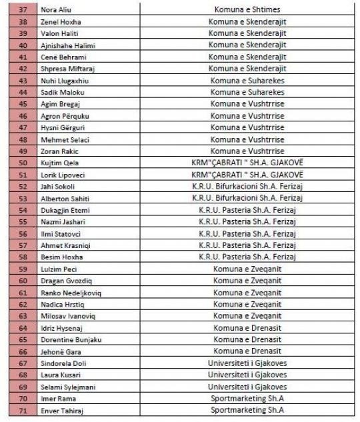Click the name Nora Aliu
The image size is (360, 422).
point(56,10)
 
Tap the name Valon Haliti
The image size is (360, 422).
point(59,33)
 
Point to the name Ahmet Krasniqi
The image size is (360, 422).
point(63,245)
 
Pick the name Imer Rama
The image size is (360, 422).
point(56,398)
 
